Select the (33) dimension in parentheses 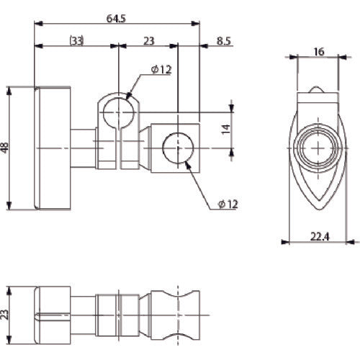[x=76, y=41]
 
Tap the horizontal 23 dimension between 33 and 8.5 [x=148, y=41]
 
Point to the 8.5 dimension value [x=224, y=41]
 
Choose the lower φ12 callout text [x=227, y=205]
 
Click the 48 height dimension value [x=6, y=148]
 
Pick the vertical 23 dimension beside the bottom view [x=6, y=313]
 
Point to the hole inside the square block [x=177, y=148]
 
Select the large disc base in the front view [x=51, y=148]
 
